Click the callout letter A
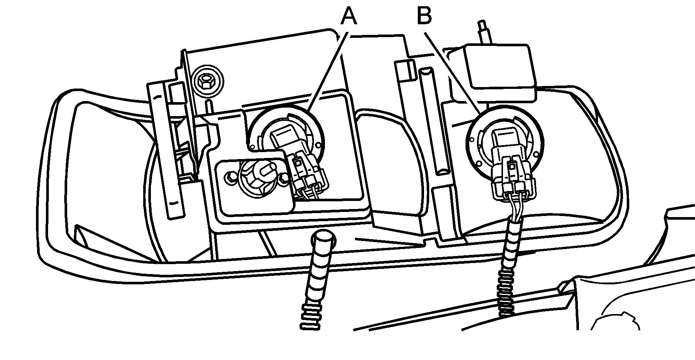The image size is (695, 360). point(348,17)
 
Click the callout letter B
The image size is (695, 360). point(424,17)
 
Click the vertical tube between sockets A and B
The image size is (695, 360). point(434,121)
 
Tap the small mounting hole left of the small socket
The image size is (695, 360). point(231,177)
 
